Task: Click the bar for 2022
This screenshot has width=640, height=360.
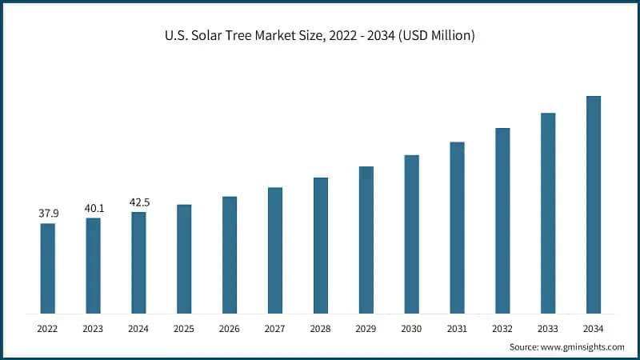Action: click(48, 268)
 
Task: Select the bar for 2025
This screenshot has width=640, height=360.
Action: click(184, 258)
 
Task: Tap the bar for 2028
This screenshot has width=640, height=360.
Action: click(320, 245)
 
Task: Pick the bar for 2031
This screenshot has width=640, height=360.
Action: click(457, 227)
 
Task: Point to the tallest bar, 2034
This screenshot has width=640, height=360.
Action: click(593, 204)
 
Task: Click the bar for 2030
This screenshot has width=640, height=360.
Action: click(411, 234)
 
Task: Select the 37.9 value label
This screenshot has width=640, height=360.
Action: click(48, 214)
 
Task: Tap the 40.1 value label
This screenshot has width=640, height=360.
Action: click(94, 208)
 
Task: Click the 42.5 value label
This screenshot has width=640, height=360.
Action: click(139, 202)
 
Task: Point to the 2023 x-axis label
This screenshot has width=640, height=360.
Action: click(94, 329)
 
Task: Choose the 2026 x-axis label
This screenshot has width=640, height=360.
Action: click(230, 329)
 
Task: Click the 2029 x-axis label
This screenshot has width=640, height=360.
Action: click(366, 329)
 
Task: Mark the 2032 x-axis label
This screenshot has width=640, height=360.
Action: click(502, 329)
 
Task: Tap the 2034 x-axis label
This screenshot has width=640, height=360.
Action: click(593, 329)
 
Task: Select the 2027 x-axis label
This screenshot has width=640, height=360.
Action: click(275, 329)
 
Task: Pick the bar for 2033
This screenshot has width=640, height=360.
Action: click(548, 213)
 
